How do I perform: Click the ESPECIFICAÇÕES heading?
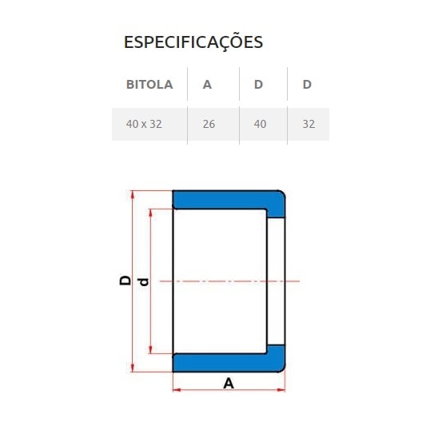click(193, 42)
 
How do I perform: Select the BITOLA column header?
click(149, 84)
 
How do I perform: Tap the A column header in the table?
click(207, 84)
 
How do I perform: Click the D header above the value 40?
click(258, 84)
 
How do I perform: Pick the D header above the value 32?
click(307, 84)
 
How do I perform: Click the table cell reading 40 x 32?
click(144, 125)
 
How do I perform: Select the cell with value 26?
click(209, 125)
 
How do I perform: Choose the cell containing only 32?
click(309, 125)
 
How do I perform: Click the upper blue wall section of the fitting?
click(224, 201)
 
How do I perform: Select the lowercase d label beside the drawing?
click(143, 281)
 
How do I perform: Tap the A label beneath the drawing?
click(229, 383)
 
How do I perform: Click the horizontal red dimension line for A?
click(200, 390)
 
